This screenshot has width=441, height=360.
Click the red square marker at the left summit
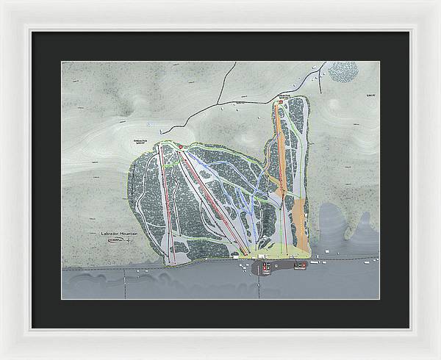(181, 147)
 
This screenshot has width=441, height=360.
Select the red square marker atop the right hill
(280, 102)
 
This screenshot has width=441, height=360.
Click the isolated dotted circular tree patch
(343, 72)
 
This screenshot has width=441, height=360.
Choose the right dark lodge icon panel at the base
(299, 266)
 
